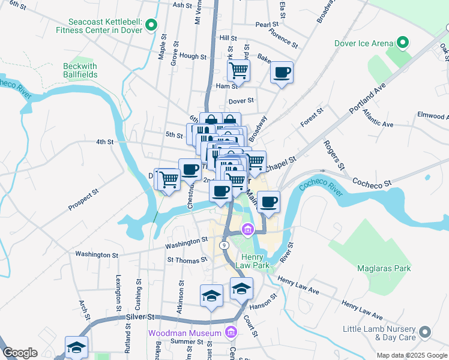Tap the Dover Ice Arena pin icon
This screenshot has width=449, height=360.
click(402, 43)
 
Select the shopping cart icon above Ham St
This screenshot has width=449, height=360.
click(238, 70)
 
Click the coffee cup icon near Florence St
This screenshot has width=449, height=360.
click(281, 73)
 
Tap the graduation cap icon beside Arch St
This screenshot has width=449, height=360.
click(76, 346)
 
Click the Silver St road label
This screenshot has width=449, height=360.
click(140, 317)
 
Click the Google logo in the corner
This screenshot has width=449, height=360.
click(20, 353)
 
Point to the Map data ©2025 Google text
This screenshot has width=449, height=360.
click(411, 355)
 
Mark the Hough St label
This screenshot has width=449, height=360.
click(193, 56)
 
